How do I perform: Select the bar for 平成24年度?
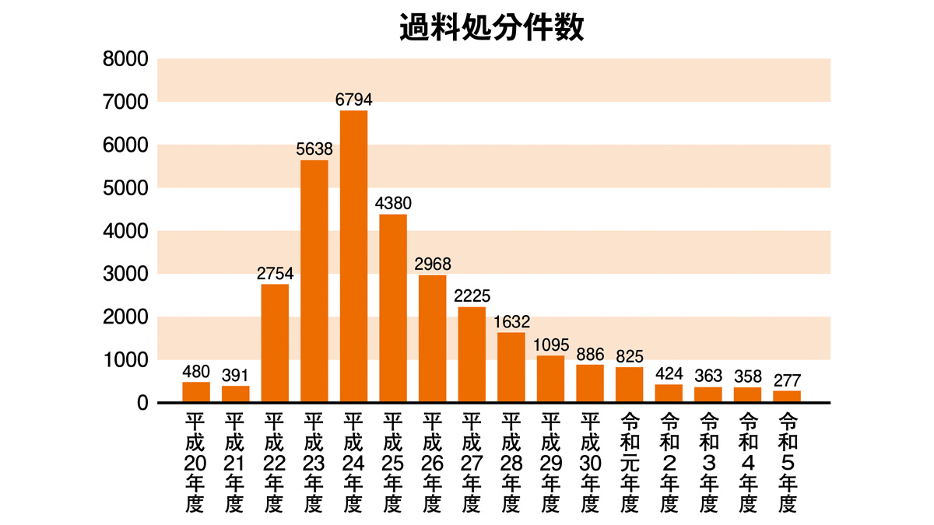tap(353, 257)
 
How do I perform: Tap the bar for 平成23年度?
tap(314, 281)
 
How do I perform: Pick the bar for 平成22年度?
tap(275, 343)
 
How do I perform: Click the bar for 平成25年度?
tap(393, 308)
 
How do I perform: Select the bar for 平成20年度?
tap(196, 392)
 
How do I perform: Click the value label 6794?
tap(354, 100)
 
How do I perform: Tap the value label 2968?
tap(433, 264)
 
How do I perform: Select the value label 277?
tap(787, 380)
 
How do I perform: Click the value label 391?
tap(236, 375)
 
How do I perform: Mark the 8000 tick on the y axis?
tap(125, 59)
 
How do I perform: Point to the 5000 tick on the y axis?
tap(125, 188)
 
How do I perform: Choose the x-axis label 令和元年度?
tap(630, 462)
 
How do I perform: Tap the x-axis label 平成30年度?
tap(590, 462)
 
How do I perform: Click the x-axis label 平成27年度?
tap(472, 462)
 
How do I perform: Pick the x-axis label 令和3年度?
tap(708, 462)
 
